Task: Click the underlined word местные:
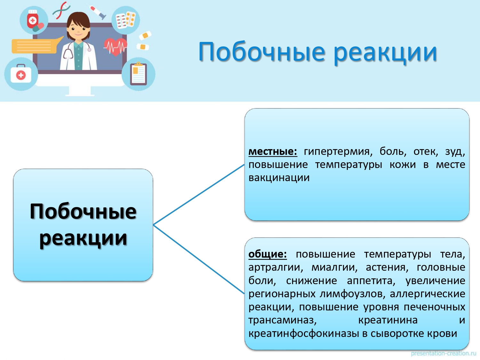coord(273,151)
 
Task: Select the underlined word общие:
coord(268,254)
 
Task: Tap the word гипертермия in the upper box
coord(338,152)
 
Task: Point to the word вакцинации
coord(279,178)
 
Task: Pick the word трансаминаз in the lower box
coord(283,320)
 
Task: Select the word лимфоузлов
coord(352,294)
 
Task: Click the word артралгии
coord(276,268)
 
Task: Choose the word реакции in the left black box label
coord(83,238)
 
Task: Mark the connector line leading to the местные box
coord(199,195)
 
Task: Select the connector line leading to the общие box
coord(199,259)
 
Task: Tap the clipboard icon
coord(138,74)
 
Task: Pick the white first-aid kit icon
coord(21,74)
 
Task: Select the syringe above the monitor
coord(98,12)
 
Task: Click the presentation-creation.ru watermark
coord(444,354)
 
